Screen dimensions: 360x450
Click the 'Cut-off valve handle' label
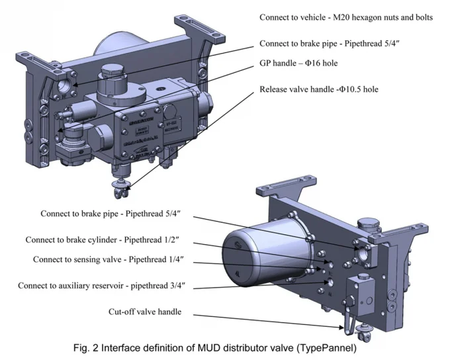click(144, 312)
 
